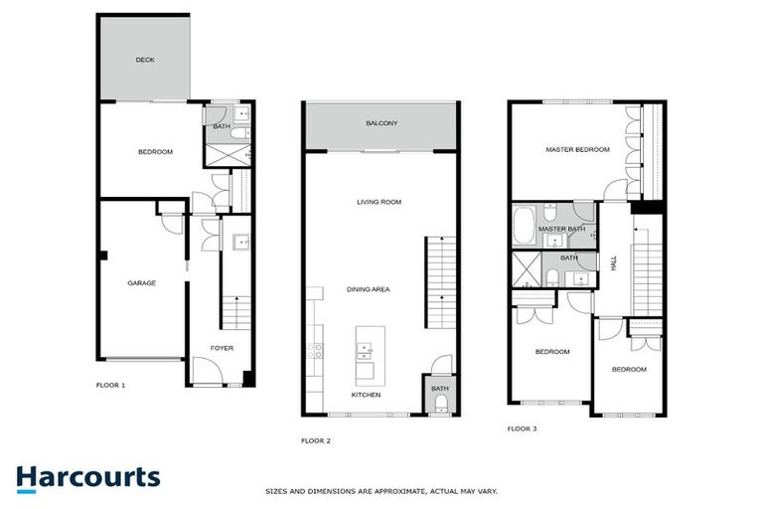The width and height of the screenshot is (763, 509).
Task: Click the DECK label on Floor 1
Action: coord(145,60)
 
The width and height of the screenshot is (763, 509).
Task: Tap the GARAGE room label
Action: coord(141,283)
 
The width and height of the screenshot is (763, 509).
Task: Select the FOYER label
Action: coord(222,348)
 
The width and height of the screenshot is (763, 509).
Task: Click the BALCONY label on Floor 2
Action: coord(381,123)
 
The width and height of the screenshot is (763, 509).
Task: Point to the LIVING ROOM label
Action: coord(379,202)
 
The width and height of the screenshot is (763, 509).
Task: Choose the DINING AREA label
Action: coord(368,289)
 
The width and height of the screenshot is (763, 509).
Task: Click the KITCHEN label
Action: coord(366,395)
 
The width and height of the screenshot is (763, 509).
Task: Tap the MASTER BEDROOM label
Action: coord(577,149)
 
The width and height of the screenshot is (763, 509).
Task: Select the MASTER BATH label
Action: coord(561,230)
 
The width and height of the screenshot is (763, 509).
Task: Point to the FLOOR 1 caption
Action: coord(110,384)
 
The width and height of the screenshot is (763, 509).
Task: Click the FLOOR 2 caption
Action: coord(316,439)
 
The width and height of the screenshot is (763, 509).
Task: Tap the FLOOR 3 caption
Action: coord(522,428)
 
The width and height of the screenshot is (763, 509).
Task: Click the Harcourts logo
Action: coord(87,477)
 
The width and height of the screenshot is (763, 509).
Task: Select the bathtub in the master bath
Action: coord(524,225)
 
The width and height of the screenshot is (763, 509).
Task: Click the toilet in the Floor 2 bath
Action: coord(439,403)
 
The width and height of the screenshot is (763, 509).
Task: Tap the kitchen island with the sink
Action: coord(366,354)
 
